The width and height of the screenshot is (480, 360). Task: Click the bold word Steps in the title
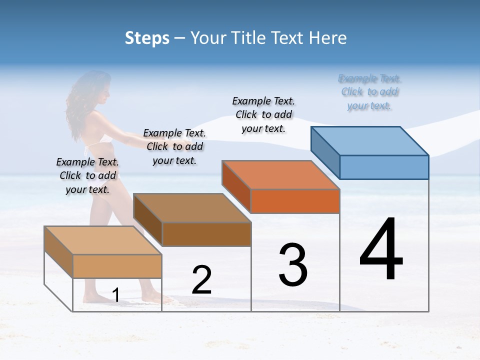click(147, 38)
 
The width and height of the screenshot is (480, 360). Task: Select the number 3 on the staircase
click(293, 264)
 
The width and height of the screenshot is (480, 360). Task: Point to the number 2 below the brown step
click(201, 280)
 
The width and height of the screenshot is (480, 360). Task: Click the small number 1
click(115, 295)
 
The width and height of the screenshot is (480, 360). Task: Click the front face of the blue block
click(384, 167)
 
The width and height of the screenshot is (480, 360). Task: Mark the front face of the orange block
click(295, 201)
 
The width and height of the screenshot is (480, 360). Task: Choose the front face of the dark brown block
click(206, 234)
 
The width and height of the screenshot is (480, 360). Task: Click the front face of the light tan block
click(117, 266)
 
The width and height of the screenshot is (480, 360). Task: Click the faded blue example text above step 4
click(369, 92)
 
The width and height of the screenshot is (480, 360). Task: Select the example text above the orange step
click(263, 114)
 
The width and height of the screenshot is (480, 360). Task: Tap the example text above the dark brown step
click(174, 146)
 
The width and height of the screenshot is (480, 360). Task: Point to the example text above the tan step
click(87, 175)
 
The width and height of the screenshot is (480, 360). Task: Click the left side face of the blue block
click(325, 148)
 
